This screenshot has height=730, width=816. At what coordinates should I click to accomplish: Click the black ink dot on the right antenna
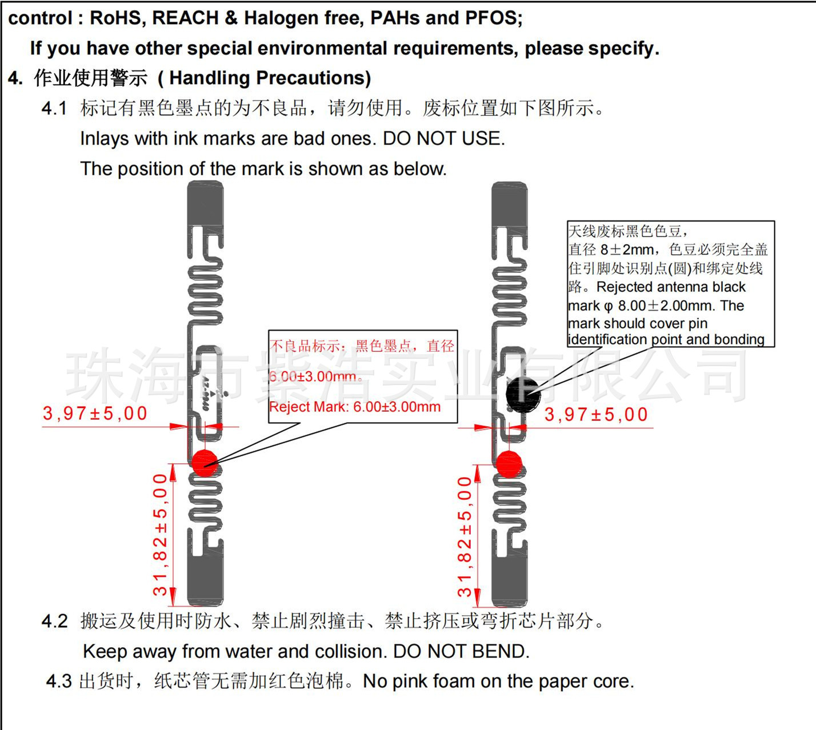[x=523, y=393]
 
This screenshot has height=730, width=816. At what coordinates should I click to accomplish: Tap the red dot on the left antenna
[x=205, y=462]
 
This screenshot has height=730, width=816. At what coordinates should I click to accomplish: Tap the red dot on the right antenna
[x=509, y=464]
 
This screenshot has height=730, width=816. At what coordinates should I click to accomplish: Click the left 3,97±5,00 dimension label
[x=95, y=413]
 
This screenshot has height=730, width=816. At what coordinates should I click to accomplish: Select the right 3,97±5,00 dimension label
[x=596, y=414]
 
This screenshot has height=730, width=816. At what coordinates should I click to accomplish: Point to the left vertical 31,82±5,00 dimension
[x=160, y=534]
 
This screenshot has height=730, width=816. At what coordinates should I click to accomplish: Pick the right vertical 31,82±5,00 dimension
[x=465, y=537]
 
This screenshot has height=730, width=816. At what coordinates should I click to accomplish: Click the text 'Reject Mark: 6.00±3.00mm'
[x=355, y=407]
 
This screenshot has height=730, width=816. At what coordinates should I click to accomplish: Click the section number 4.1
[x=54, y=108]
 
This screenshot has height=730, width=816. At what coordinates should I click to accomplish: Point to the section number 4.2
[x=54, y=621]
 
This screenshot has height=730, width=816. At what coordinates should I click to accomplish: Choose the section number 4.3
[x=59, y=681]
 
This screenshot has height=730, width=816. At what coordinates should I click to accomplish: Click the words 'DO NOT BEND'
[x=461, y=651]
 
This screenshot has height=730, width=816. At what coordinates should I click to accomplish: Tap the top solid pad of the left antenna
[x=206, y=203]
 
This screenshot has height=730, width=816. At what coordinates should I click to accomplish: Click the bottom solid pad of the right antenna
[x=509, y=583]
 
